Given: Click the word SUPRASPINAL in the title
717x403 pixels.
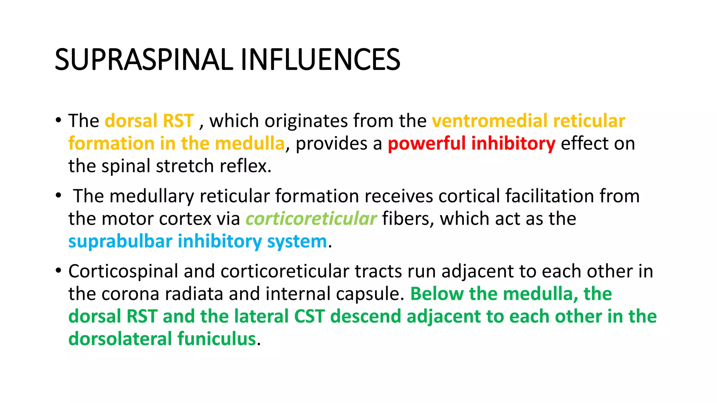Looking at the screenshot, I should (x=144, y=60).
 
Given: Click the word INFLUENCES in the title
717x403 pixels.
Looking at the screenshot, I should (x=320, y=60).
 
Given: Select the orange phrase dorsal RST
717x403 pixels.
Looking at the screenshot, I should (x=149, y=121).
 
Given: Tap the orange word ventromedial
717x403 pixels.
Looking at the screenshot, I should (x=489, y=121).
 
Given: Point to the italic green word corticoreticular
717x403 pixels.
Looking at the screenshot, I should (x=311, y=219).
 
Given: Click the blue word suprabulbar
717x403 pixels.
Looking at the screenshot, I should (x=120, y=241).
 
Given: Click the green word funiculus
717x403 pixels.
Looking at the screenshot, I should (x=217, y=339).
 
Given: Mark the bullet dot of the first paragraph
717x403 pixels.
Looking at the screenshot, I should (x=58, y=120).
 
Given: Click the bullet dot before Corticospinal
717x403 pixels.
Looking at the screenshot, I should (x=58, y=271).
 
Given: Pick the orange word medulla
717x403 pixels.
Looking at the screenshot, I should (x=250, y=144).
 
